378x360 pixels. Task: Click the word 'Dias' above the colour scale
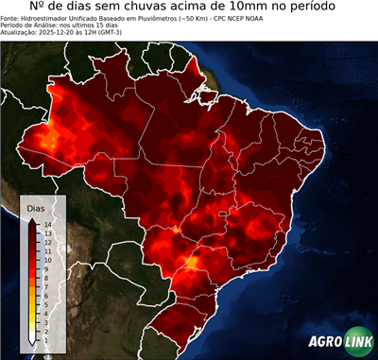(x=36, y=207)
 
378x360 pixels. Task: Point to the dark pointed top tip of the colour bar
(x=32, y=218)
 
